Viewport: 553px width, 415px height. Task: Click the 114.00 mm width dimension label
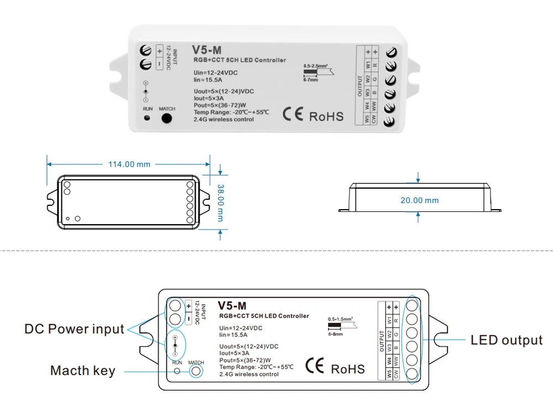click(129, 164)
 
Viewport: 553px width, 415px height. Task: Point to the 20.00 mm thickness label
click(419, 200)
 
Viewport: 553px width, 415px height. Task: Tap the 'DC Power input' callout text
click(74, 329)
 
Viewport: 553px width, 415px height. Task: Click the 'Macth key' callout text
click(83, 370)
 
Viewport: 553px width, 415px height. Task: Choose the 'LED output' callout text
click(507, 340)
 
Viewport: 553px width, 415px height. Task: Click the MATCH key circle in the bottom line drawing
click(196, 372)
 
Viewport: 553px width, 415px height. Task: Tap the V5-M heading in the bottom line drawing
click(232, 305)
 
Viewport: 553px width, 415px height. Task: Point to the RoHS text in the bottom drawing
click(348, 369)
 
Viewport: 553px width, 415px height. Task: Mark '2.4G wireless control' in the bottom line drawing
click(249, 375)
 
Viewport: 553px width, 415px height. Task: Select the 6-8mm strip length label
click(335, 335)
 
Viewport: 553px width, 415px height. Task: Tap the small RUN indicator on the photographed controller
click(147, 118)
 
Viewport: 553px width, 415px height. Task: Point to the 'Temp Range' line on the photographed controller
click(231, 112)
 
